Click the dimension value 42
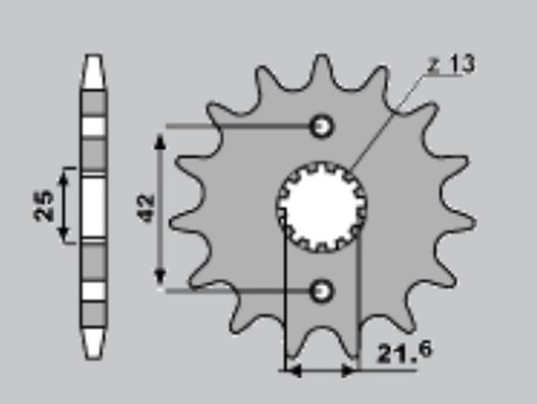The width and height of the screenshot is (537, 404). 147,208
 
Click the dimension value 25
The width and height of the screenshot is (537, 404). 43,205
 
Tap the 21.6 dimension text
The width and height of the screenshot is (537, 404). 404,352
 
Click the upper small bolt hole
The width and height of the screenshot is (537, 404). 321,127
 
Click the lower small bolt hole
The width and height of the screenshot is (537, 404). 321,291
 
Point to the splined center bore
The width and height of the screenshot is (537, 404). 321,207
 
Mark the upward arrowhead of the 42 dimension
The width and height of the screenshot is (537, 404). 160,142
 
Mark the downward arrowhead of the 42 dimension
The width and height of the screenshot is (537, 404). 160,277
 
